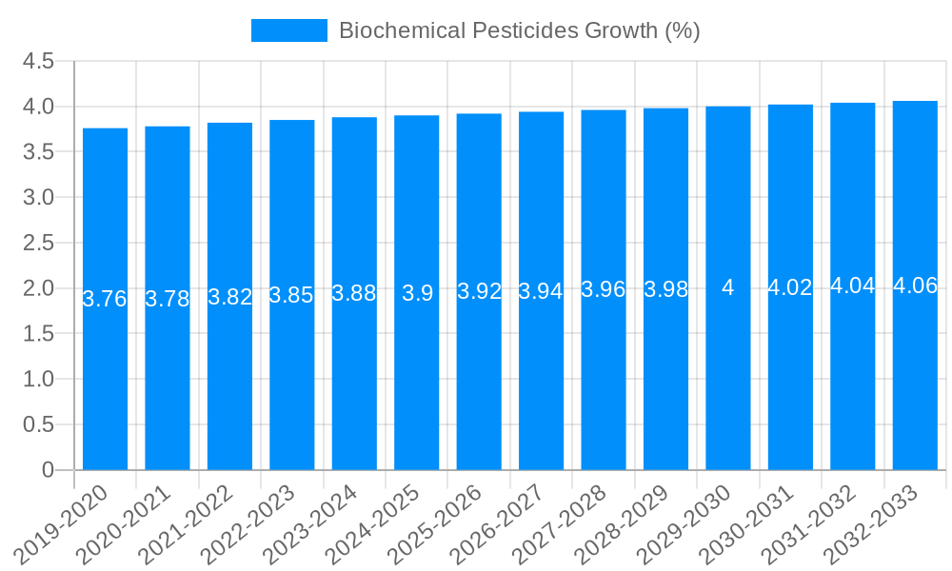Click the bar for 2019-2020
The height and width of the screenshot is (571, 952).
105,381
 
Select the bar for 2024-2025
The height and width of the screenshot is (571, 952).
417,381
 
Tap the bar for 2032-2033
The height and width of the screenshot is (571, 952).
915,381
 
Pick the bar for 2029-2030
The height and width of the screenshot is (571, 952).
728,381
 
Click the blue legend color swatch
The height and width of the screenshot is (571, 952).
288,30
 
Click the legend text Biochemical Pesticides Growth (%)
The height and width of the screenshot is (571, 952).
519,30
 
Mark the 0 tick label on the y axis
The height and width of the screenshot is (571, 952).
48,470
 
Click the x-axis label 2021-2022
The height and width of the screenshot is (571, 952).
189,524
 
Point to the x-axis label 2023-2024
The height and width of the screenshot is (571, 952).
314,524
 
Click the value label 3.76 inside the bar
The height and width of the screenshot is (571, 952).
105,299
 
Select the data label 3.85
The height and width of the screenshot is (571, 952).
291,295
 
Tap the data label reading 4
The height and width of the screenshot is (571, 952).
728,287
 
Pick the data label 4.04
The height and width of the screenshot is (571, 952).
853,285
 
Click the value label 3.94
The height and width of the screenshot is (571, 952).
541,291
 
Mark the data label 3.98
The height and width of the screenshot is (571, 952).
665,289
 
